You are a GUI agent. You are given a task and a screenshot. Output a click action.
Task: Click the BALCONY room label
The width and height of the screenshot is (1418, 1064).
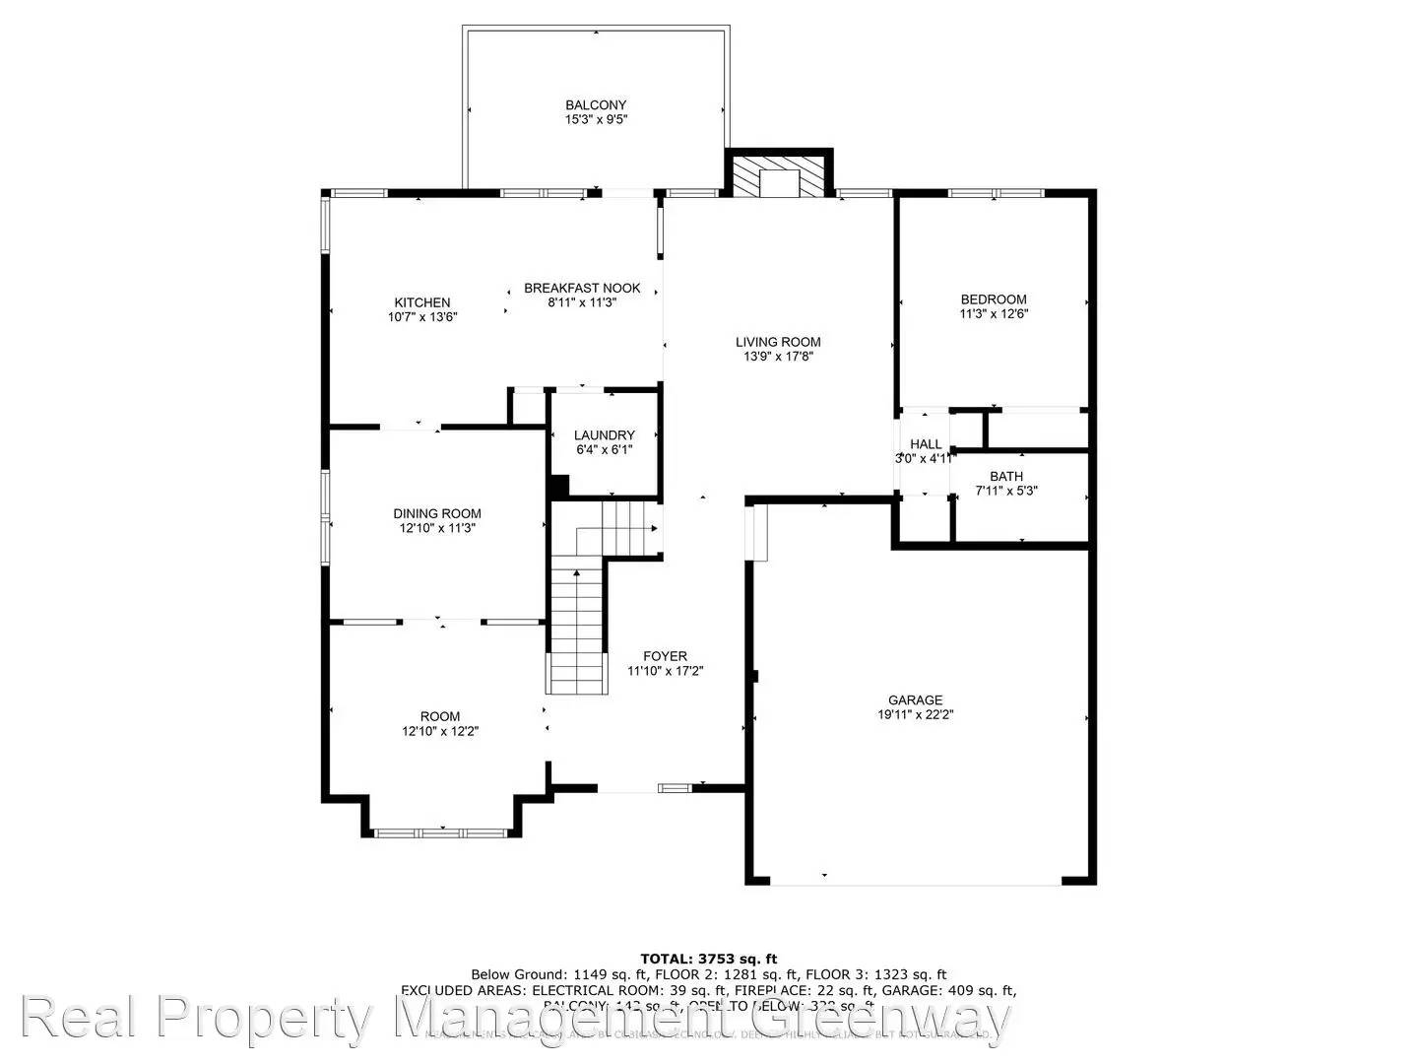coord(596,105)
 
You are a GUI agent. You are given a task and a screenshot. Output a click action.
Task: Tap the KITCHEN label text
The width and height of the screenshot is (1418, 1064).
coord(422,302)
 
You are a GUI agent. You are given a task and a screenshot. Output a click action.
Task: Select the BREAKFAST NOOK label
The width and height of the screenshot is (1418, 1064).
coord(582,288)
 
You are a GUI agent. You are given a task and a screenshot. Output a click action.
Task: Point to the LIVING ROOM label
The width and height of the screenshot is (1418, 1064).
coord(778,342)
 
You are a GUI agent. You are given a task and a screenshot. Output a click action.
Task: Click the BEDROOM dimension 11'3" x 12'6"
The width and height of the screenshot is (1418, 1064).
coord(994,314)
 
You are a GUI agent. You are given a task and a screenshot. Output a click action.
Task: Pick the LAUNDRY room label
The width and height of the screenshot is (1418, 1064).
coord(605,435)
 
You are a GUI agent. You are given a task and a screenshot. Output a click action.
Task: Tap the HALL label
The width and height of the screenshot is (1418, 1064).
coord(926,444)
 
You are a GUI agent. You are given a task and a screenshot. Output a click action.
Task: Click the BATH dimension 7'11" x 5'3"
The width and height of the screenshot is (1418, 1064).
coord(1006,491)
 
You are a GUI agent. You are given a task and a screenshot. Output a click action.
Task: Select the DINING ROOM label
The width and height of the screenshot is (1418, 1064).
coord(437,513)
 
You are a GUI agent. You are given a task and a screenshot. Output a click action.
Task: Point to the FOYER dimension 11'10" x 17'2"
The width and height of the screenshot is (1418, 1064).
coord(666,671)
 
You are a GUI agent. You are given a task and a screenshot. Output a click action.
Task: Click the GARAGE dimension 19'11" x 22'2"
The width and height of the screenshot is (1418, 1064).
coord(916,715)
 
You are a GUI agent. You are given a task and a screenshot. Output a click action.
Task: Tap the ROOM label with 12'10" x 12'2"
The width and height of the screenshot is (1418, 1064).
coord(440,716)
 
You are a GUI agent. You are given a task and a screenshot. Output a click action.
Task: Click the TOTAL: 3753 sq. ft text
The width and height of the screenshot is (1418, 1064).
coord(709,958)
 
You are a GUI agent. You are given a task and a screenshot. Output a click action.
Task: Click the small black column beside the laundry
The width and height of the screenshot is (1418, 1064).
coord(559,487)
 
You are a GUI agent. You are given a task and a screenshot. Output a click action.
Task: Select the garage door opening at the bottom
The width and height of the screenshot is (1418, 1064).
coord(916,879)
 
